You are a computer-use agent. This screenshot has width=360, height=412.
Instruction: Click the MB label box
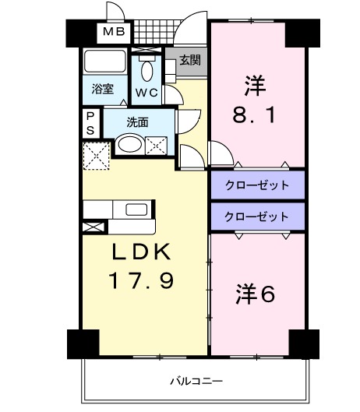pyautogui.click(x=115, y=33)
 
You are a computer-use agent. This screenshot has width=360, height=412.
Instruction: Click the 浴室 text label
pyautogui.click(x=103, y=90)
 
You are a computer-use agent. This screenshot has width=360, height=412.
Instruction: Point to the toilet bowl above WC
pyautogui.click(x=146, y=69)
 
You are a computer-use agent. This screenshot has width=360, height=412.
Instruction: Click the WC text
pyautogui.click(x=147, y=93)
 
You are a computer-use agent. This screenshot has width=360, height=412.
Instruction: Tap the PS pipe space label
pyautogui.click(x=90, y=123)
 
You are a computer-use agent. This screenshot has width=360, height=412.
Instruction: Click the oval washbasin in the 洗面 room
pyautogui.click(x=129, y=144)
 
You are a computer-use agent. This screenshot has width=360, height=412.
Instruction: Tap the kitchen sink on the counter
pyautogui.click(x=138, y=210)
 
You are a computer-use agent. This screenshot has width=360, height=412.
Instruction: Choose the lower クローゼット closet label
pyautogui.click(x=256, y=216)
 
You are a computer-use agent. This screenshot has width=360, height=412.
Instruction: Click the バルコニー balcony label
pyautogui.click(x=195, y=382)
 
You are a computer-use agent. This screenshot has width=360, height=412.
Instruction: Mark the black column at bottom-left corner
pyautogui.click(x=83, y=343)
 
